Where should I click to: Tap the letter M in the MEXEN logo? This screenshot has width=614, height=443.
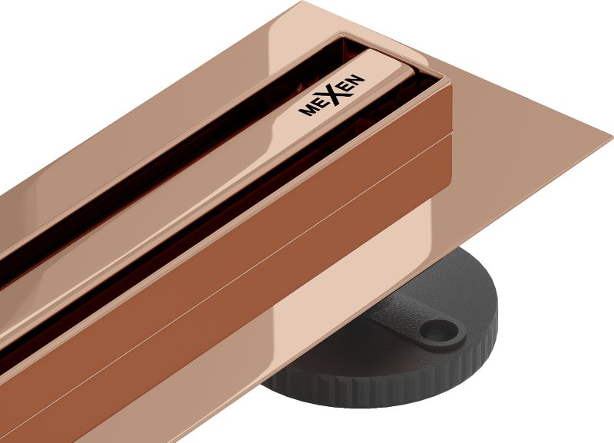pos(305,111)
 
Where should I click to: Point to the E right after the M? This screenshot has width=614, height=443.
pos(318,104)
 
